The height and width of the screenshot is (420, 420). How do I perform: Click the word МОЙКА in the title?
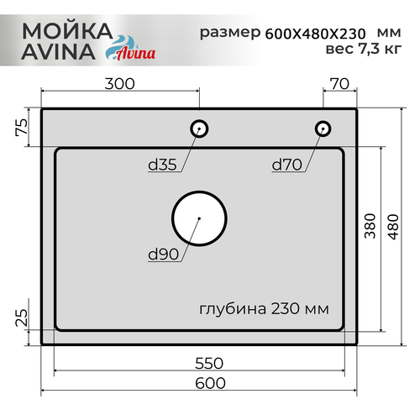coord(66,30)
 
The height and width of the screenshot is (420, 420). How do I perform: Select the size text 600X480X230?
coord(314,34)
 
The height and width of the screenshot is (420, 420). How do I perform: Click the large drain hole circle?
coord(199,218)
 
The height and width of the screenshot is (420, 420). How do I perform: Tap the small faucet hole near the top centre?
coord(199,128)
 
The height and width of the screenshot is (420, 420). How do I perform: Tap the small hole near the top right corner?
coord(322,128)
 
